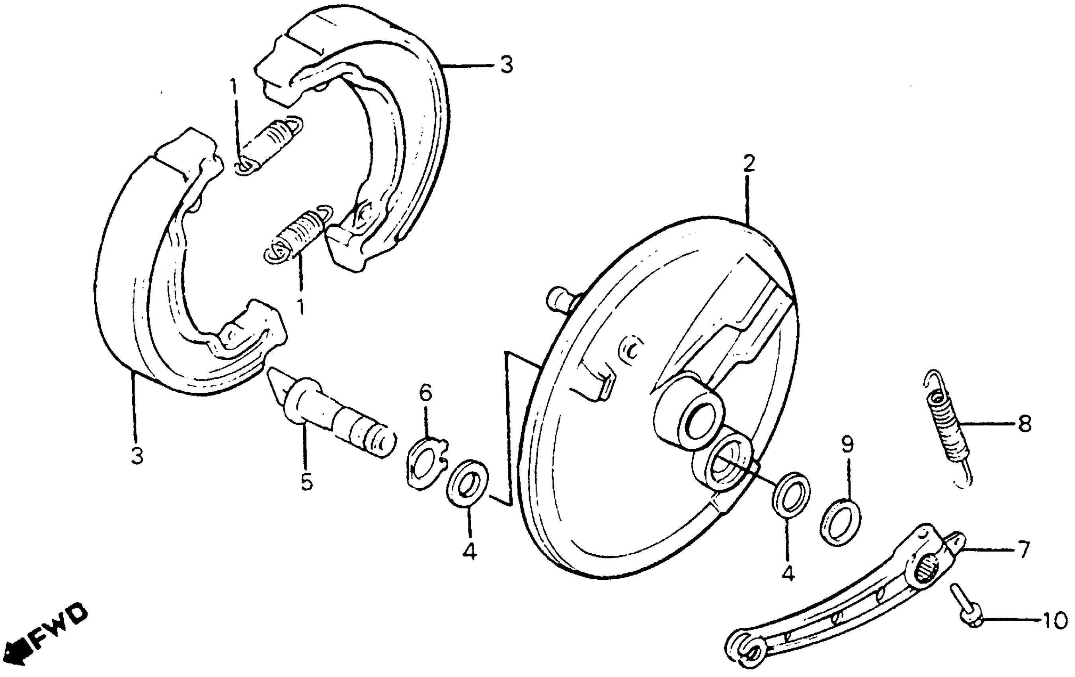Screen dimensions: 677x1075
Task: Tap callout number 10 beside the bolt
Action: click(x=1053, y=621)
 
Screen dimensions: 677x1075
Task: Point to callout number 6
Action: click(x=425, y=393)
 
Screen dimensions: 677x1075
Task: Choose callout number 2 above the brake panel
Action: click(x=749, y=164)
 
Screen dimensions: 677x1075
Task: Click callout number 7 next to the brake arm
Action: click(x=1023, y=548)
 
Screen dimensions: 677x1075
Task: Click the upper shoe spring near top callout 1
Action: click(x=271, y=143)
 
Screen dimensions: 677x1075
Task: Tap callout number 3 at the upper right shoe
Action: click(x=506, y=66)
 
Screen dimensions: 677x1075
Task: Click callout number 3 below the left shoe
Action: click(x=137, y=456)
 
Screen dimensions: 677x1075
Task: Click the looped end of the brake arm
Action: click(x=743, y=647)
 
